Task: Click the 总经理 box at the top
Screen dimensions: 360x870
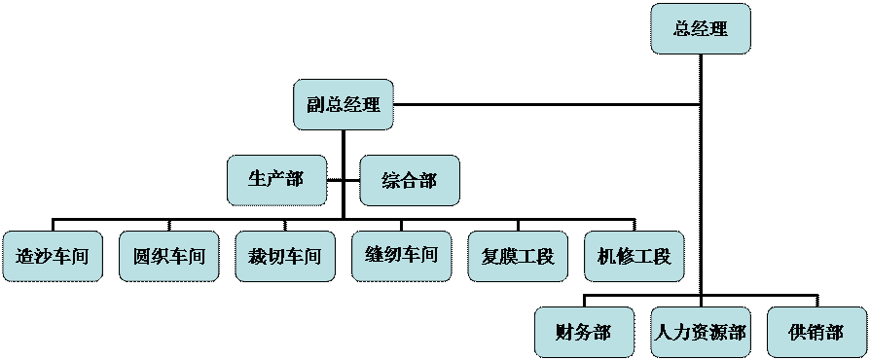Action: pos(701,29)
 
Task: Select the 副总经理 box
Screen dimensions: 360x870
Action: pos(344,105)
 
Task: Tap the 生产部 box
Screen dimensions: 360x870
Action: pos(276,180)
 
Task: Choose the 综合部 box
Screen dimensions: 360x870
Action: pos(409,181)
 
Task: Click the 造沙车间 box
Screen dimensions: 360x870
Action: pos(53,257)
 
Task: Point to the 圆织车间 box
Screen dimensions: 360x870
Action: pos(169,257)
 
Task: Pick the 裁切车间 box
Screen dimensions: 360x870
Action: pos(285,257)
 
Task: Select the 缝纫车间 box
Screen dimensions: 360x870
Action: pos(401,256)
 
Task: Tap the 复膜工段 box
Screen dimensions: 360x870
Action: pos(518,257)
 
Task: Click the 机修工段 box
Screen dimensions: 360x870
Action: pos(634,257)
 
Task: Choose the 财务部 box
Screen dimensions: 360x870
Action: pos(584,333)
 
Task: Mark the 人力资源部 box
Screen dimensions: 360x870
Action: pos(700,333)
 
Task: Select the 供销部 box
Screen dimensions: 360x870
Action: pos(816,333)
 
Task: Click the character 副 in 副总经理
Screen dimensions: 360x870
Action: pos(316,105)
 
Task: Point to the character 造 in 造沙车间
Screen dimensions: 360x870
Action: pos(25,258)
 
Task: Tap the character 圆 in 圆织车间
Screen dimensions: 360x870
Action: pos(142,258)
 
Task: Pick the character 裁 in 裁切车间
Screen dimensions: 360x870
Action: pos(258,258)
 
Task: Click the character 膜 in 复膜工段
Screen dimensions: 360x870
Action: pos(509,258)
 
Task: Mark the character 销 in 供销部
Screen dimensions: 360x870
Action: pos(816,333)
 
